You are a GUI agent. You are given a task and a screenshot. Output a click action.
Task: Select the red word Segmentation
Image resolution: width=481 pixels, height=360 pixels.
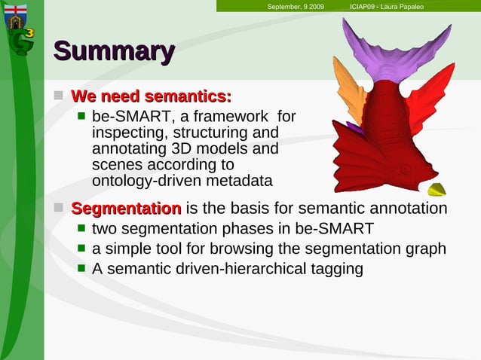point(126,208)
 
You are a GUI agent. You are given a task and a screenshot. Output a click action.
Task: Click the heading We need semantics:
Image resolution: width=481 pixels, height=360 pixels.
point(151,96)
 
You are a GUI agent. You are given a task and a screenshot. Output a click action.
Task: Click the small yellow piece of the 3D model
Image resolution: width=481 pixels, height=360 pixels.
point(436,189)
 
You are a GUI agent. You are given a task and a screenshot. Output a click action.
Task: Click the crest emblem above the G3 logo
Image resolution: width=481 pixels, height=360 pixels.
point(15,13)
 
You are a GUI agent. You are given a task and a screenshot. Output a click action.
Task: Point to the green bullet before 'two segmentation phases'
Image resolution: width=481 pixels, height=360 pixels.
point(82,228)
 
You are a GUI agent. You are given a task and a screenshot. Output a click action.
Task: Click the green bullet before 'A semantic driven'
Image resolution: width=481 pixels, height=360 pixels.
point(82,269)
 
